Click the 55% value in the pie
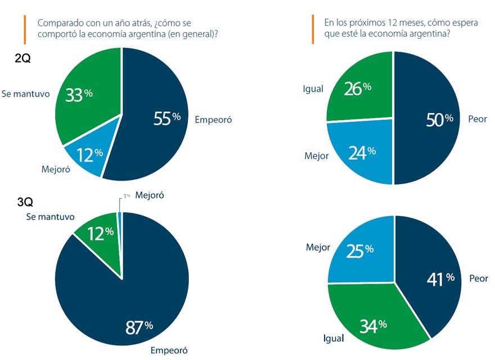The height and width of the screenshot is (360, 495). [x=167, y=118]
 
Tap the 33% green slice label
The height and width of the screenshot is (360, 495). [x=79, y=94]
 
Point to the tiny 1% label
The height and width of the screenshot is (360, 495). [x=127, y=195]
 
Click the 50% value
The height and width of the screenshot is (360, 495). [x=439, y=119]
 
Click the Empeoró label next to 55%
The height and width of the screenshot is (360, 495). [x=213, y=119]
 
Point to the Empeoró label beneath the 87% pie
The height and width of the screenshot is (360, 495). [x=169, y=350]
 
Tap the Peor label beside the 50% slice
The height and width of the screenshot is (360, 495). [x=478, y=119]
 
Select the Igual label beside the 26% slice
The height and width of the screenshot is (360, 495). [x=313, y=89]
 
